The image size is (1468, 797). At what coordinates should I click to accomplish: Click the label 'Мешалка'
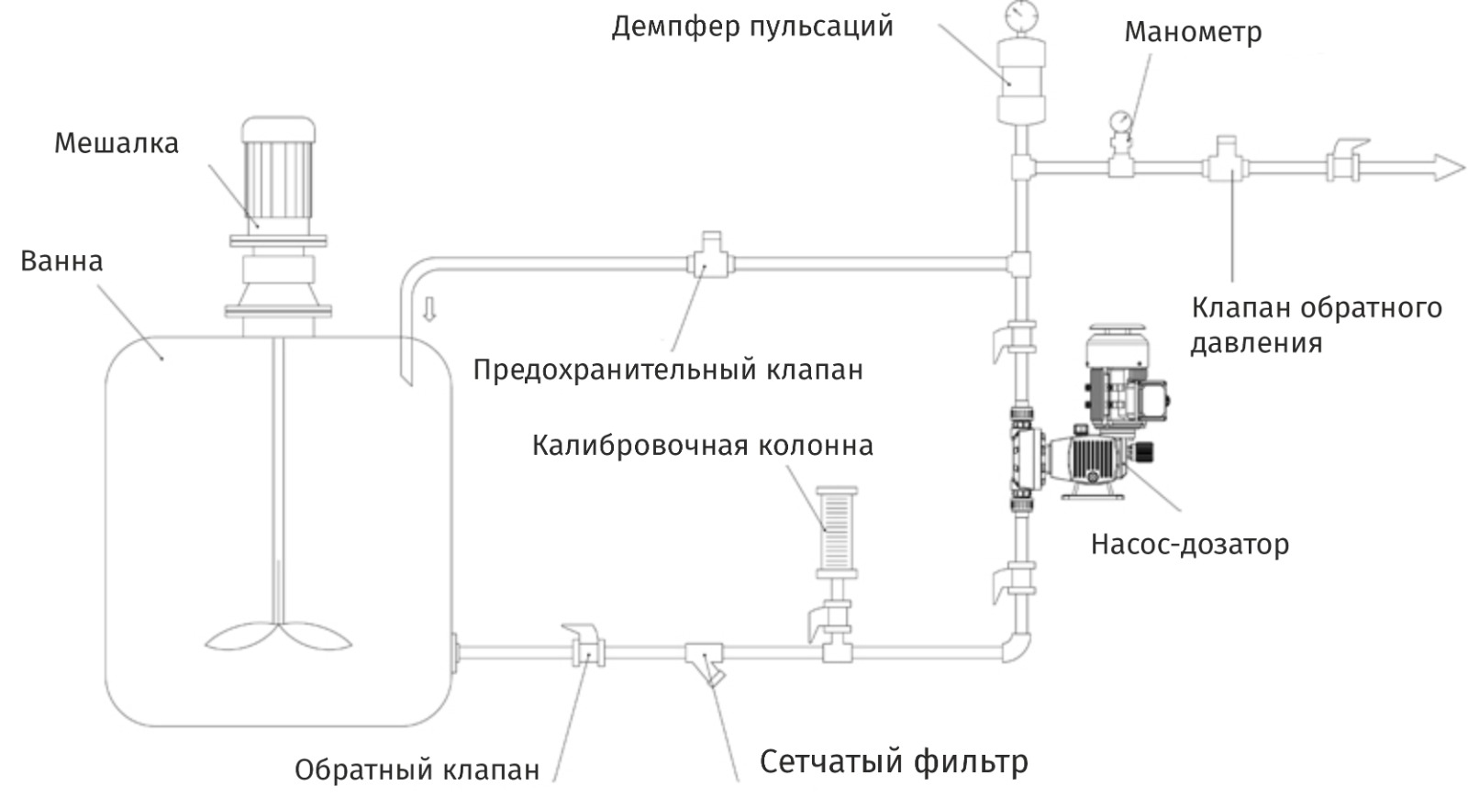pyautogui.click(x=116, y=144)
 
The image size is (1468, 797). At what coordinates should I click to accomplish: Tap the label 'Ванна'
pyautogui.click(x=61, y=261)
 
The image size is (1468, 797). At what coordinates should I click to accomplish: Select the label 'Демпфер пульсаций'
pyautogui.click(x=751, y=27)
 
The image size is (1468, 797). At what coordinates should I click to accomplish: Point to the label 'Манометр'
pyautogui.click(x=1192, y=32)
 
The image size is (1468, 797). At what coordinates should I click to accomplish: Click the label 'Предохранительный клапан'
pyautogui.click(x=667, y=371)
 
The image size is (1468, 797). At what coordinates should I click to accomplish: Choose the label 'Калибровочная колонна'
pyautogui.click(x=702, y=446)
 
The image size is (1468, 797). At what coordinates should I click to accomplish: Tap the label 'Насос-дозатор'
pyautogui.click(x=1189, y=545)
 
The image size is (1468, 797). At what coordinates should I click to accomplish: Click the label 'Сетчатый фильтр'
pyautogui.click(x=894, y=761)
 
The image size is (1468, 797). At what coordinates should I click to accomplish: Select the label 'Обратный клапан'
pyautogui.click(x=417, y=769)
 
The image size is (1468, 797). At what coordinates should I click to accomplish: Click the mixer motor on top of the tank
pyautogui.click(x=277, y=174)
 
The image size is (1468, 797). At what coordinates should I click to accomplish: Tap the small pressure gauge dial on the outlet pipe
pyautogui.click(x=1120, y=121)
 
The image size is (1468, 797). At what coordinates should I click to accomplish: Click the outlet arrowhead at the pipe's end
pyautogui.click(x=1448, y=168)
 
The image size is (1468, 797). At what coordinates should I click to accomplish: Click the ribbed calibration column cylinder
pyautogui.click(x=837, y=527)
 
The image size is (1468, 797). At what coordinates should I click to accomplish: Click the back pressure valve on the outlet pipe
pyautogui.click(x=1224, y=162)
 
